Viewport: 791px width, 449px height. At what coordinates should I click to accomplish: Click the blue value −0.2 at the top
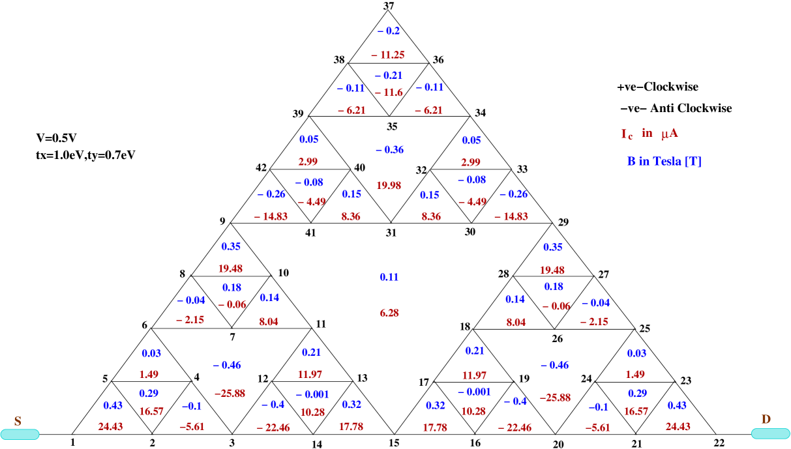389,31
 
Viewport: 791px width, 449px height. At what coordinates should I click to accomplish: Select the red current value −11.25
388,55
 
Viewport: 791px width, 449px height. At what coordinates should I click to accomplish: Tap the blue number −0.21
389,76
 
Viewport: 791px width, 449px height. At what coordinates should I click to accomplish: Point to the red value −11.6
389,93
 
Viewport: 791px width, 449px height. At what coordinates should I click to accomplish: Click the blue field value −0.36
389,150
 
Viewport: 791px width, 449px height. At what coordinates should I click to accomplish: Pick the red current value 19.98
389,186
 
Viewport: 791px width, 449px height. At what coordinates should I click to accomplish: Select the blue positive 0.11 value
389,278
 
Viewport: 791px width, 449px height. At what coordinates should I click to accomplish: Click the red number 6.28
389,313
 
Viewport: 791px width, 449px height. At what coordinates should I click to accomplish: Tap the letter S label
18,422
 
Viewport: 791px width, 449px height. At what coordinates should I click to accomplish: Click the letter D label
766,420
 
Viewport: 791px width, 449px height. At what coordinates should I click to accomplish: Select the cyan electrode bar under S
20,435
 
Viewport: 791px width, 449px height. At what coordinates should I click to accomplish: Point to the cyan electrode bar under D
770,434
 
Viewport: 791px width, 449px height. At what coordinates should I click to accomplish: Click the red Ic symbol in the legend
626,134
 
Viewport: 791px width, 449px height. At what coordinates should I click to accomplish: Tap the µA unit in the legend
669,134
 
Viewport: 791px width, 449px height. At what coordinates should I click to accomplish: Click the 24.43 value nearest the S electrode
111,427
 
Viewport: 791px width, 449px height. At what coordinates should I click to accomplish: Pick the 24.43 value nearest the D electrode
678,427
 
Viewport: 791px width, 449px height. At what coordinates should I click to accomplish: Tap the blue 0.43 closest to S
113,405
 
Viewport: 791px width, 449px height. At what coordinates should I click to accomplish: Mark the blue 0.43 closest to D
677,405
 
